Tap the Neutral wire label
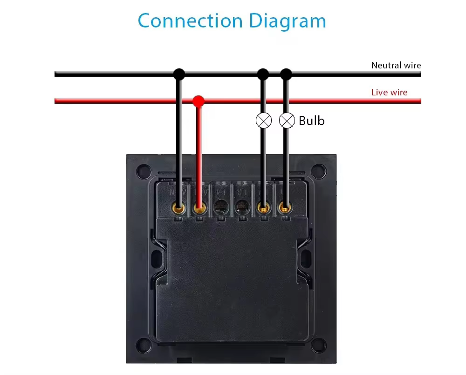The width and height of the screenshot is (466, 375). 396,66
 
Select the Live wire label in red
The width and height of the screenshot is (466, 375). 389,92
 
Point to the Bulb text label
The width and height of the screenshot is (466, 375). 311,121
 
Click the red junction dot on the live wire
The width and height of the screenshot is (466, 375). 199,100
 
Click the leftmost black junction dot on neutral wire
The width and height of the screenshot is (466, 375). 179,74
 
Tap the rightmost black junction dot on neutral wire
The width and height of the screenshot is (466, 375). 286,74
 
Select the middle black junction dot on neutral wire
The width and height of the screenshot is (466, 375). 263,74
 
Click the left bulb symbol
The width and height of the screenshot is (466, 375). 264,121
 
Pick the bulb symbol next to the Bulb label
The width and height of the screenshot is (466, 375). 287,121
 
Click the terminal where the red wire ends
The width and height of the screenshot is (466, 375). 199,207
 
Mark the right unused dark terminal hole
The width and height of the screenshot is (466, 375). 242,207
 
